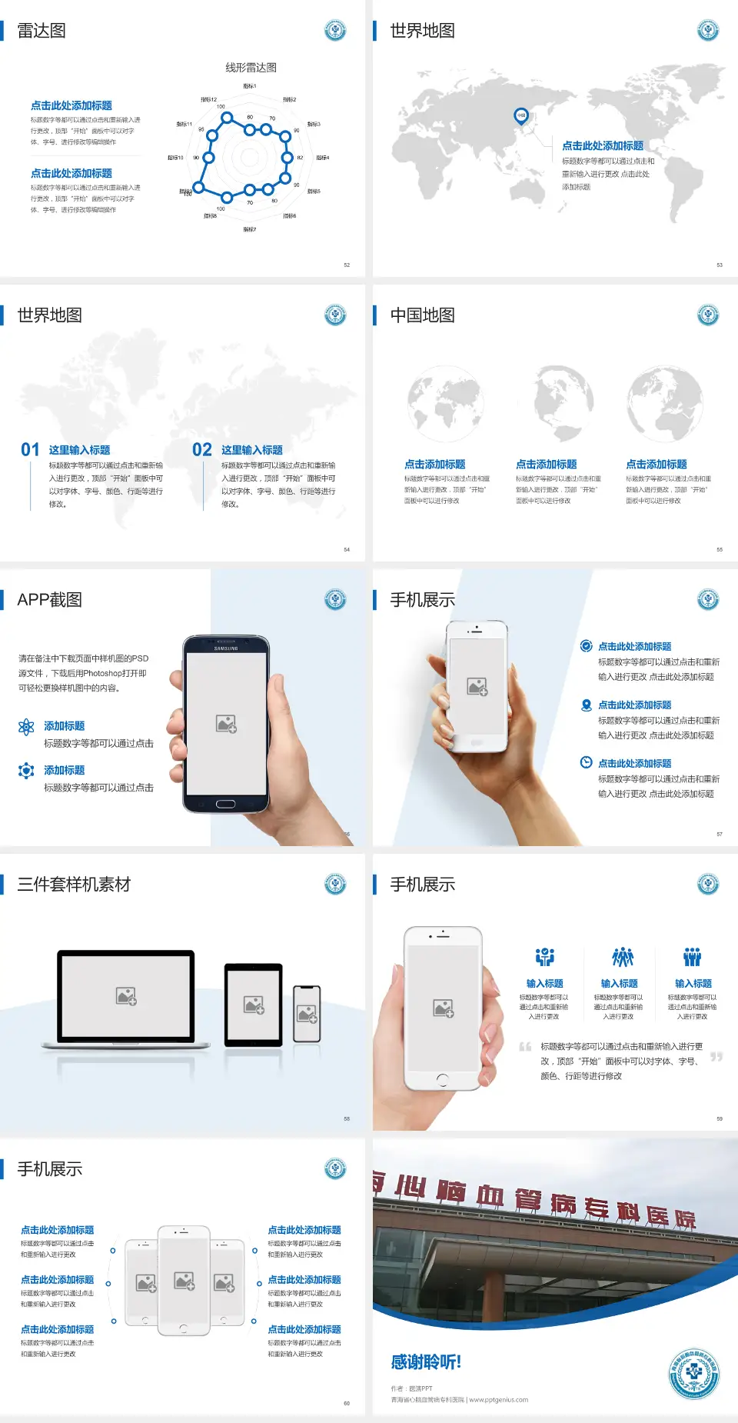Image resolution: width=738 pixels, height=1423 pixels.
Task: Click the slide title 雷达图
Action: pos(42,31)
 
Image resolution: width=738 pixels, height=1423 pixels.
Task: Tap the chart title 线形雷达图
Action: pos(251,68)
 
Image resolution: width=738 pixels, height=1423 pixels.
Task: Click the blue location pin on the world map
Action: pos(520,115)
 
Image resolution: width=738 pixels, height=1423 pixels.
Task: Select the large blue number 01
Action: pos(30,450)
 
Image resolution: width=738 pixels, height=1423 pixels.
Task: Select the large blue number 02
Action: pos(202,450)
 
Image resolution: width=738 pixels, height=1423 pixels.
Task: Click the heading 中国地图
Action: pos(422,315)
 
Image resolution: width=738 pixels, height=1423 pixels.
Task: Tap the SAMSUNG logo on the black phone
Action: pos(226,648)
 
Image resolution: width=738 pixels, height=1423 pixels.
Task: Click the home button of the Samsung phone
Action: pos(225,804)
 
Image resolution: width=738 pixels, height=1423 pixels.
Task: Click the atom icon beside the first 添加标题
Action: pos(26,727)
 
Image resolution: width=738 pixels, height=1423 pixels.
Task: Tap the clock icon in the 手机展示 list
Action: pos(586,762)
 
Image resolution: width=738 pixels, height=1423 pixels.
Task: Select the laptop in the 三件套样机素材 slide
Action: pos(126,998)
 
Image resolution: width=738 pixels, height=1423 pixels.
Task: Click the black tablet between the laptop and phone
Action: pos(254,1004)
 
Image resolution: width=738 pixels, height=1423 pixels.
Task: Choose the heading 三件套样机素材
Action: pos(74,885)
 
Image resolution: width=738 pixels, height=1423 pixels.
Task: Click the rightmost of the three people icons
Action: pos(693,957)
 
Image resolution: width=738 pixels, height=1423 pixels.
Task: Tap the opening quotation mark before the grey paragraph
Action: pos(525,1047)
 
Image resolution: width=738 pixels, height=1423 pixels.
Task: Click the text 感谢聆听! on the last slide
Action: pos(426,1362)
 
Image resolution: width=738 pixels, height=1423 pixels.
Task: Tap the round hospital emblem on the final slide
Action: pos(694,1374)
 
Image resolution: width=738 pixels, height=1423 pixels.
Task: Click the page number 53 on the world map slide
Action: pos(720,265)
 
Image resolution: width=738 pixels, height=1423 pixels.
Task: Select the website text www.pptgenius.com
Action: pos(498,1400)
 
